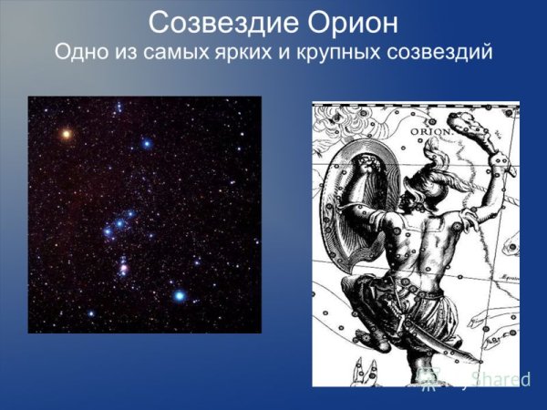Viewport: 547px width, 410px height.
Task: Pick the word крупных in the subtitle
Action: click(x=346, y=51)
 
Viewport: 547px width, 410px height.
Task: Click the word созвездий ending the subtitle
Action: click(x=439, y=51)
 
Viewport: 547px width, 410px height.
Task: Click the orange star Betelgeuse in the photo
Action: click(x=66, y=134)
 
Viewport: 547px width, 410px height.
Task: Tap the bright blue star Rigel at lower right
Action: click(x=181, y=295)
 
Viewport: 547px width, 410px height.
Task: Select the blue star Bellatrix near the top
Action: click(x=146, y=144)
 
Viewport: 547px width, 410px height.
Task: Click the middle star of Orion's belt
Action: click(x=119, y=223)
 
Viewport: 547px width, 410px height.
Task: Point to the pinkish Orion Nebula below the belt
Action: click(x=123, y=269)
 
